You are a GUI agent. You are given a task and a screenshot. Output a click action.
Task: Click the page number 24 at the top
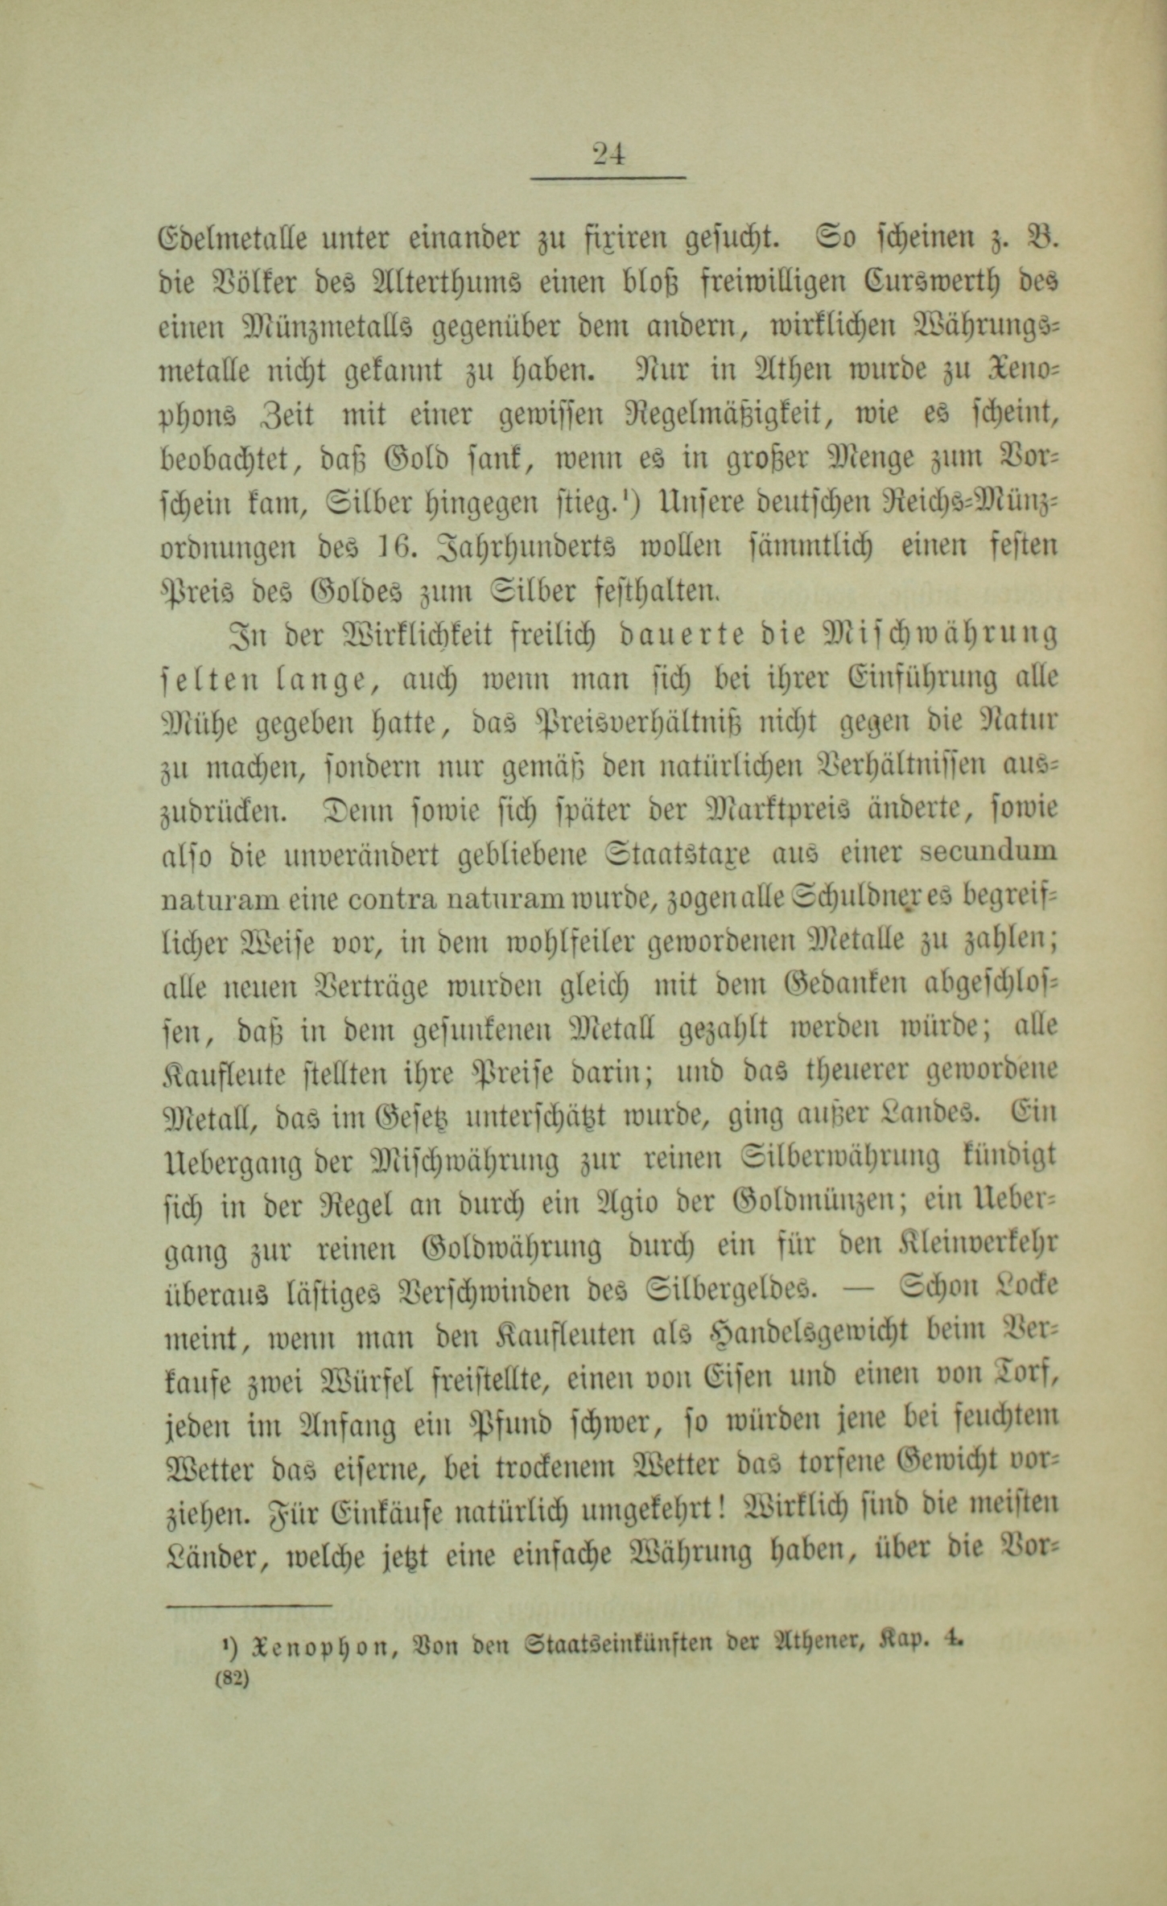608,153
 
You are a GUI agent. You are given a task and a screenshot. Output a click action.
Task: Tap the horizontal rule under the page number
608,178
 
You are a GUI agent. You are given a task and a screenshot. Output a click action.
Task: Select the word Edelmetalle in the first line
229,239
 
